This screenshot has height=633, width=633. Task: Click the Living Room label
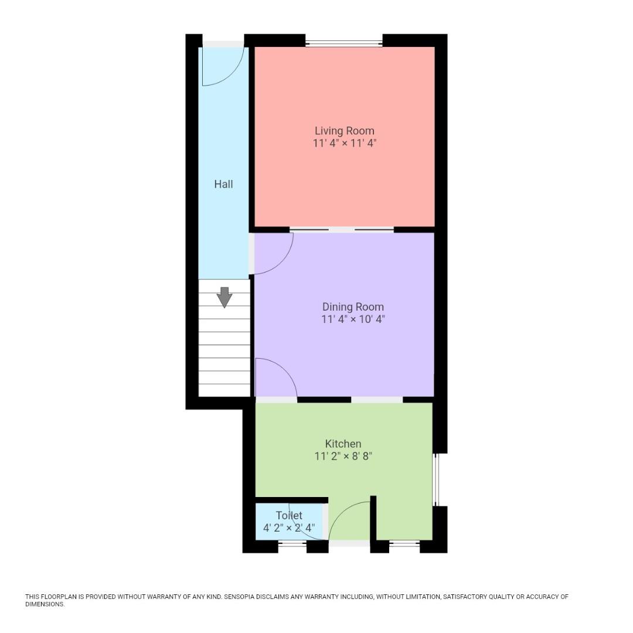point(344,131)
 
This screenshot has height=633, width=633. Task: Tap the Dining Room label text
point(353,307)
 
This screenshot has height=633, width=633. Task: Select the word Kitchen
point(343,444)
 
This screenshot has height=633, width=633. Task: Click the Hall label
point(223,184)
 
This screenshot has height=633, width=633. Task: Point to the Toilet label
point(289,515)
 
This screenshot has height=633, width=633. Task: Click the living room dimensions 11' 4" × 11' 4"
point(344,143)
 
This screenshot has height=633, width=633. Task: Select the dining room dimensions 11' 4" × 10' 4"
point(353,319)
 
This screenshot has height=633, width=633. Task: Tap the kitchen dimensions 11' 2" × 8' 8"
point(343,456)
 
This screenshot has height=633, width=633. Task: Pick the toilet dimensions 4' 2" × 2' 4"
point(289,527)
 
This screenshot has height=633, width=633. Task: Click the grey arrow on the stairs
point(224,297)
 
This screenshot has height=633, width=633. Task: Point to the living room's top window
point(344,43)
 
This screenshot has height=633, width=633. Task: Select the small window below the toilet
point(292,545)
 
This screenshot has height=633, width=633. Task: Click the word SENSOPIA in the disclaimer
point(242,597)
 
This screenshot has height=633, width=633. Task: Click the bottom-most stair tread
point(224,390)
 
